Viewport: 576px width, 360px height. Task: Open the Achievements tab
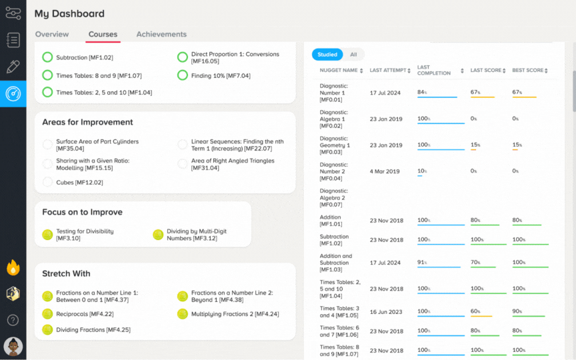tap(161, 34)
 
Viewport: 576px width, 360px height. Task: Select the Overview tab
tap(52, 34)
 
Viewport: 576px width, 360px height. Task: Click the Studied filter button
tap(327, 55)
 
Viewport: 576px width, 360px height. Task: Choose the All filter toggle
tap(353, 55)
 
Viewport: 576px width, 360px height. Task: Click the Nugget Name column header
tap(341, 70)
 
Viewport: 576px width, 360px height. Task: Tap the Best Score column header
tap(530, 70)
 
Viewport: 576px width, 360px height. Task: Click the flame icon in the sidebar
tap(13, 267)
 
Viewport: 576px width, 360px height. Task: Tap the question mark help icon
tap(13, 320)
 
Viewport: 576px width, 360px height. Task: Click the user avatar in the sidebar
tap(13, 347)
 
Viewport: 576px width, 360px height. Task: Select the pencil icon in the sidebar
tap(13, 67)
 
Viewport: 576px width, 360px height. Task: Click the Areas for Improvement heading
tap(87, 122)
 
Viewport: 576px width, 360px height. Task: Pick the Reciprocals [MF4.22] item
tap(85, 314)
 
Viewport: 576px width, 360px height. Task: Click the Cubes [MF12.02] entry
tap(79, 182)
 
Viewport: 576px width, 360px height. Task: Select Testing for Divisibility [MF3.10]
tap(85, 235)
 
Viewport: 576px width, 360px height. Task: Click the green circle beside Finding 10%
tap(183, 75)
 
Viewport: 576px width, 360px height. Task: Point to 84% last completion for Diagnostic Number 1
tap(422, 92)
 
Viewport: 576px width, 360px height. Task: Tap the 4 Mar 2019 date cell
tap(385, 171)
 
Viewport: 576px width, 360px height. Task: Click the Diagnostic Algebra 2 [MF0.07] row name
tap(333, 197)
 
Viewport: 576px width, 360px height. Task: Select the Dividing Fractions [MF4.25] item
tap(93, 330)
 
